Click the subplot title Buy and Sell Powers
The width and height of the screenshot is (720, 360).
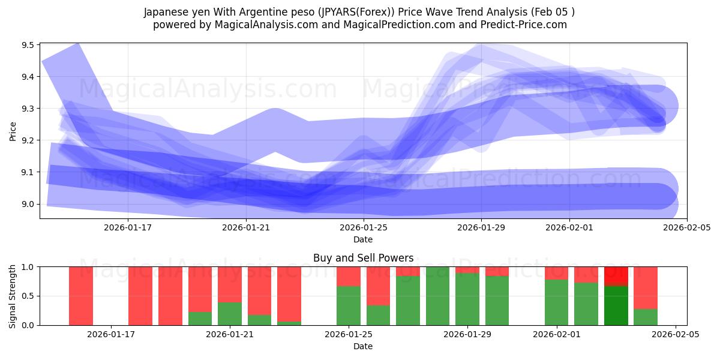pos(363,258)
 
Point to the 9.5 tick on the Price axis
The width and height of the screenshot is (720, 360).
pos(28,45)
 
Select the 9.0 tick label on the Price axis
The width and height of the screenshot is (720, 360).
pos(28,204)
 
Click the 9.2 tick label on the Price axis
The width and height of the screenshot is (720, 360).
pos(28,140)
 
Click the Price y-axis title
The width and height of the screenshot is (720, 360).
pos(13,130)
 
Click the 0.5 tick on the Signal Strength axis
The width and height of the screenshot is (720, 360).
pos(28,296)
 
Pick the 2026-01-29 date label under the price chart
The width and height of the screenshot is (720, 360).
pos(481,227)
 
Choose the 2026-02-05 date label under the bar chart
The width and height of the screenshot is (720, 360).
pos(676,334)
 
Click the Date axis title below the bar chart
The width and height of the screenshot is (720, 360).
pos(363,346)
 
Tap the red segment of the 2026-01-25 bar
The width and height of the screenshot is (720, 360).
pos(349,276)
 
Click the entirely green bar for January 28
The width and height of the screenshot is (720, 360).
pos(437,296)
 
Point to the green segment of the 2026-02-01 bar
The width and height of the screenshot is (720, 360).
pos(556,303)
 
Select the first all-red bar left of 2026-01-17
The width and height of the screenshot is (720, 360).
pos(81,296)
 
